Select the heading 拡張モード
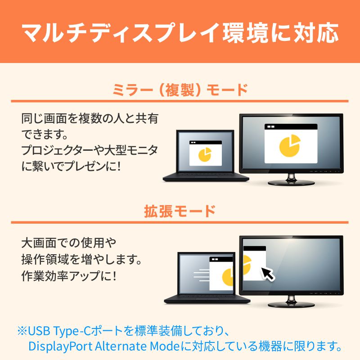(x=180, y=211)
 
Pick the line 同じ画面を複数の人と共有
(x=90, y=119)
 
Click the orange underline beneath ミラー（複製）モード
(x=180, y=100)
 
